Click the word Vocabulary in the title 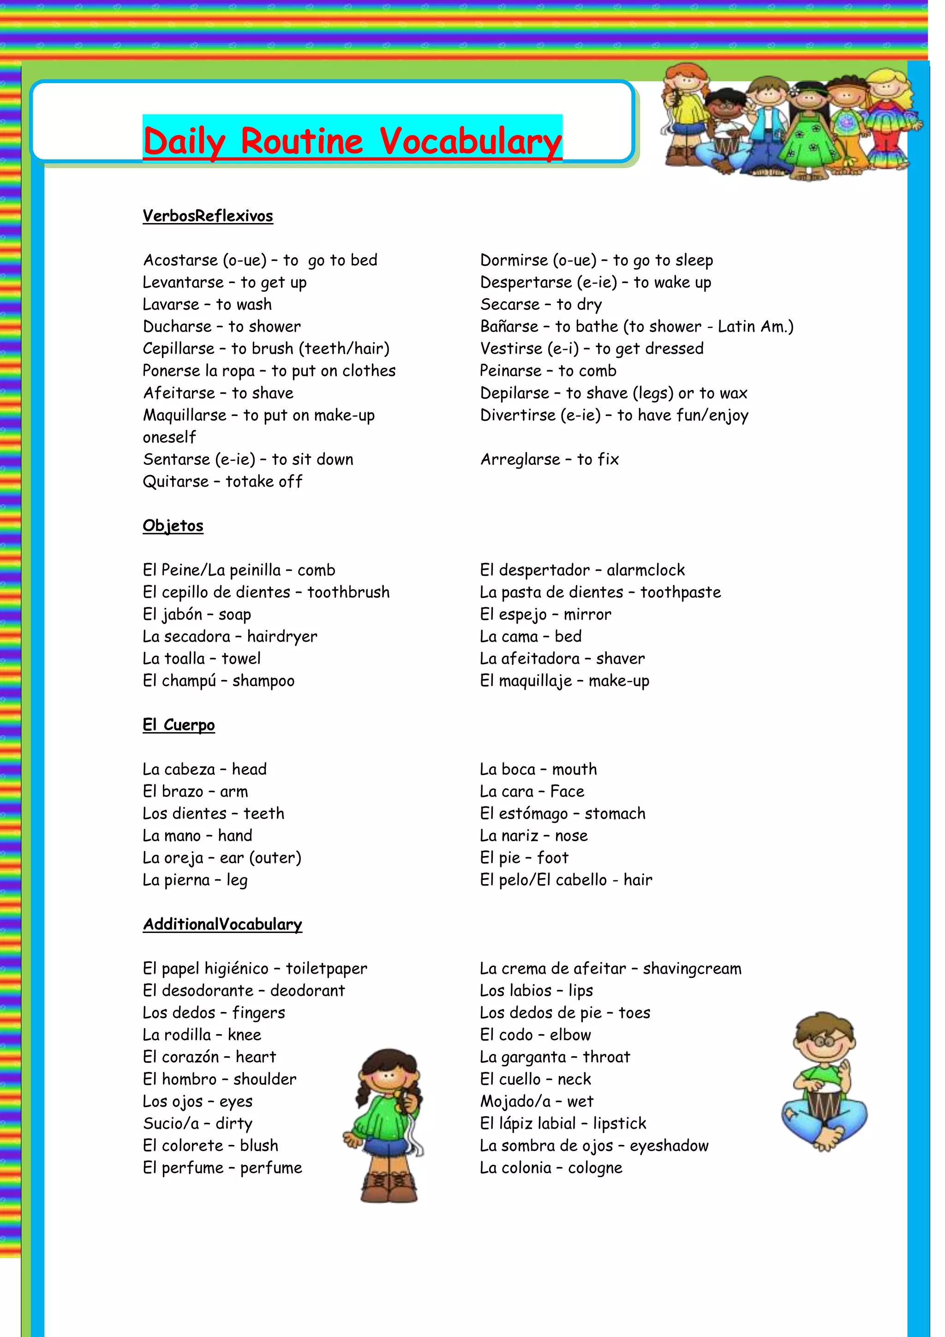point(471,142)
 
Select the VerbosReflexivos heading point(208,216)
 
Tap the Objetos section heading point(173,526)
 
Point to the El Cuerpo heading point(179,725)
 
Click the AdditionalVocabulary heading point(222,924)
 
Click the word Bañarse point(509,327)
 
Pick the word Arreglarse point(520,459)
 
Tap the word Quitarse point(176,482)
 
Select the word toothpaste point(680,592)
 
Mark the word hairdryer point(282,637)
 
